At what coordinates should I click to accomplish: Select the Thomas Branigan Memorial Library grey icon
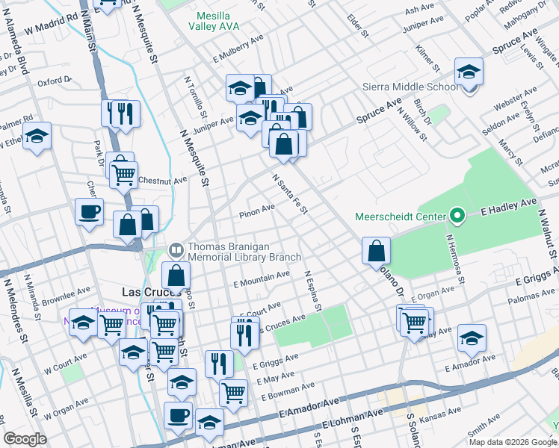[176, 249]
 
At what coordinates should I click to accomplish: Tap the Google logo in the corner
[25, 439]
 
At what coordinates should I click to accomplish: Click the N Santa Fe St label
[290, 193]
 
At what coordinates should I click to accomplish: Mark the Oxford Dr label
[54, 81]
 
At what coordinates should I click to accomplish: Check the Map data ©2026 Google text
[512, 441]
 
